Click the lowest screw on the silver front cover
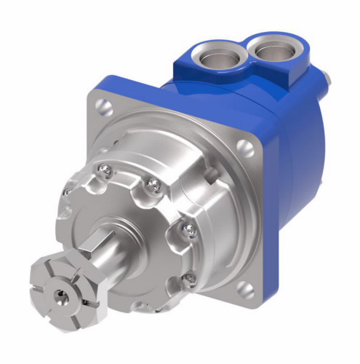coord(188,278)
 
